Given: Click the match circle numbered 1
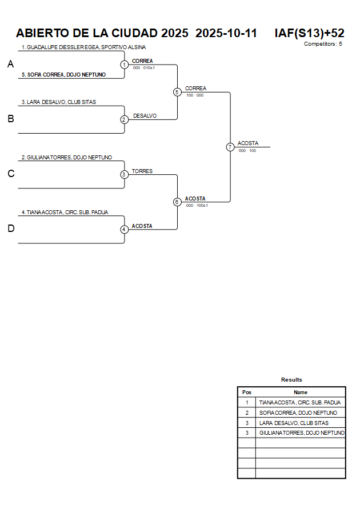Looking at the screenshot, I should point(124,65).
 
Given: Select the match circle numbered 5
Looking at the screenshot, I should point(177,92).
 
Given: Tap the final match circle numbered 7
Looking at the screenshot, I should point(230,147).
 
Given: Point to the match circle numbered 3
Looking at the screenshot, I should point(124,175).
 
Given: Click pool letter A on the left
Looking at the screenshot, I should point(10,65).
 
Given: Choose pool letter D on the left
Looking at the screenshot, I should point(10,229).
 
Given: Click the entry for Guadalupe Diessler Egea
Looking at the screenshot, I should point(83,47).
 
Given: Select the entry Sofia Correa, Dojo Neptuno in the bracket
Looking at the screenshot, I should point(63,75).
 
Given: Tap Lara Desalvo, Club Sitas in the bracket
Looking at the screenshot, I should point(59,102).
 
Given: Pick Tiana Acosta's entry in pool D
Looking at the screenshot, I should point(65,213).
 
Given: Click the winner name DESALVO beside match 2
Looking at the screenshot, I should point(145,116).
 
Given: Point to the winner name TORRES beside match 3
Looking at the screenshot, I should point(142,171).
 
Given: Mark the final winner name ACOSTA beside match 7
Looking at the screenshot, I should point(248,143).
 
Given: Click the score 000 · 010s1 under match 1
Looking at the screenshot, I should point(144,68).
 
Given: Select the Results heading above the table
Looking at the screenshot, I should point(291,380).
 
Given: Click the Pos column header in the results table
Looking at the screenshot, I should point(247,392).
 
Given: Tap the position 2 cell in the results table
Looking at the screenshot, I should point(247,413).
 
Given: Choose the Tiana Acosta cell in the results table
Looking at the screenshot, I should point(299,403).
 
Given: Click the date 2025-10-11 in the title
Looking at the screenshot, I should point(226,33).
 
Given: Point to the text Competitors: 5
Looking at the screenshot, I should point(323,44).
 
